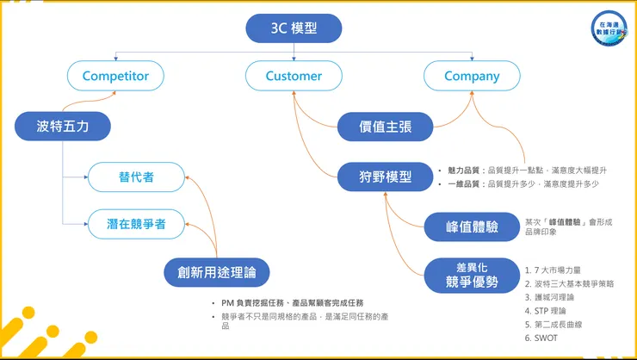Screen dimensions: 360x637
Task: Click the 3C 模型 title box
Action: [294, 28]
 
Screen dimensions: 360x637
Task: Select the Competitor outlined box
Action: [115, 76]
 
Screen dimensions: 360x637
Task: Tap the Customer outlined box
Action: [294, 76]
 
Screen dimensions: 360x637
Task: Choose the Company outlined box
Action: [472, 76]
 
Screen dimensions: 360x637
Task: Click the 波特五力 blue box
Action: [63, 127]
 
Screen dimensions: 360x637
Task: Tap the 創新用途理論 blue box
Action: [216, 274]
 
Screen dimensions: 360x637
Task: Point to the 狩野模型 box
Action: [385, 177]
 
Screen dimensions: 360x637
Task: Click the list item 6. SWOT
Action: [544, 338]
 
